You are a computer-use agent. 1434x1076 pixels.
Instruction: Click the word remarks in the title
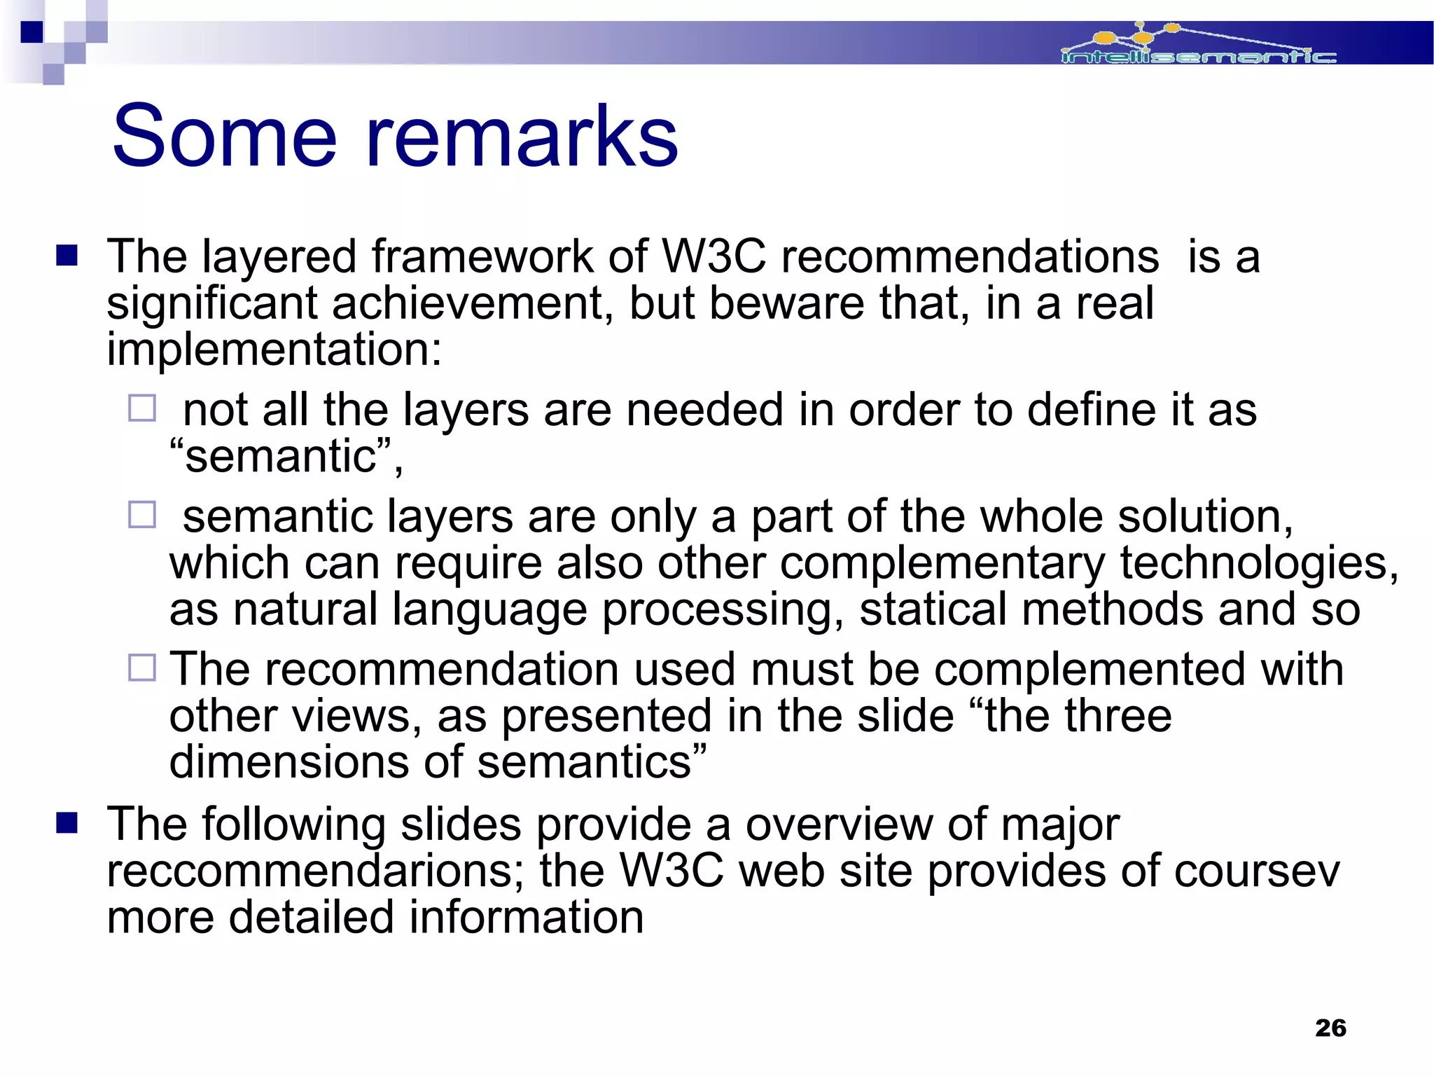[x=522, y=137]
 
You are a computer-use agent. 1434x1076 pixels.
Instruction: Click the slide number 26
[x=1330, y=1028]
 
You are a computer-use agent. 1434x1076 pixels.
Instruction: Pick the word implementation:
[x=274, y=350]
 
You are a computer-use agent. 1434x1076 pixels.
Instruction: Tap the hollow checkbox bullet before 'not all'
[x=142, y=408]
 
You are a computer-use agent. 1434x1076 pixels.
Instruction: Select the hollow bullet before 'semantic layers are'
[x=142, y=515]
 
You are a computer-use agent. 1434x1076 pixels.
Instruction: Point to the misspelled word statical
[x=933, y=609]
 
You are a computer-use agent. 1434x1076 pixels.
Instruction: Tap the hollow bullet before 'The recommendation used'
[x=142, y=668]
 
